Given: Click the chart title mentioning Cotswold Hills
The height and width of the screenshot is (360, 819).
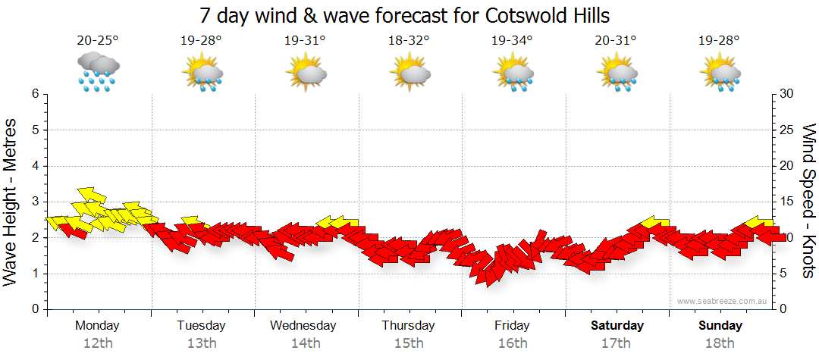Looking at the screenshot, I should [x=405, y=15].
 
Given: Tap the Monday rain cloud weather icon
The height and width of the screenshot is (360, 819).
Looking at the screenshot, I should [x=98, y=72].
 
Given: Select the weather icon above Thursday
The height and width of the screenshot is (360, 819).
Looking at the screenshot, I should [x=409, y=73].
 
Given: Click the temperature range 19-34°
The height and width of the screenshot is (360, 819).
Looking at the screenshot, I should [x=513, y=40].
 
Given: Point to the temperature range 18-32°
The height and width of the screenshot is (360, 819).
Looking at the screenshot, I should [x=409, y=40].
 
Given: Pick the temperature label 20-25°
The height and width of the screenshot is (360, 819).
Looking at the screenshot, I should [x=97, y=40].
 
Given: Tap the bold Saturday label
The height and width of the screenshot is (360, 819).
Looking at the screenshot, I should [x=617, y=326].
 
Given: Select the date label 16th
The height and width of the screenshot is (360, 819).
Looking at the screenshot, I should [x=513, y=343].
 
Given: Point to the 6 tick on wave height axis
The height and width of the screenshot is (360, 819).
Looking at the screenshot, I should [x=35, y=94].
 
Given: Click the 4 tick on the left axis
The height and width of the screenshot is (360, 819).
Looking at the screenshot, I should [x=35, y=166].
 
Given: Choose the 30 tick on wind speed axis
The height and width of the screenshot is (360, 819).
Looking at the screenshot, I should [x=787, y=94].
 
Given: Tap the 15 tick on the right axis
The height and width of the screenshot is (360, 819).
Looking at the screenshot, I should [x=787, y=202].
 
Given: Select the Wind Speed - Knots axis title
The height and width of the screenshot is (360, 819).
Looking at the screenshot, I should [x=808, y=201].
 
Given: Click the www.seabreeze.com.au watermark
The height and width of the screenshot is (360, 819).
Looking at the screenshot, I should [x=723, y=301].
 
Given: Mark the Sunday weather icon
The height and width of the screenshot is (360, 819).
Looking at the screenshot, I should [x=720, y=73].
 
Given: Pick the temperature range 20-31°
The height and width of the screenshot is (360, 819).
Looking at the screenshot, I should [x=617, y=40].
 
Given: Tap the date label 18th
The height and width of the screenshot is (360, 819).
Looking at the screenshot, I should [x=720, y=343].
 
